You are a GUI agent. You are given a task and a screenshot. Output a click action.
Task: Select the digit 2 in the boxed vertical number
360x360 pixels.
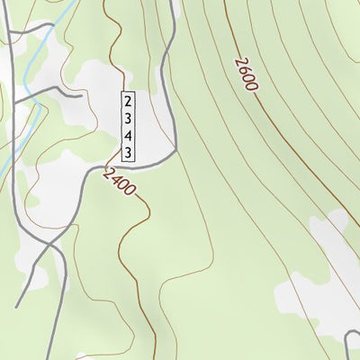[129, 100]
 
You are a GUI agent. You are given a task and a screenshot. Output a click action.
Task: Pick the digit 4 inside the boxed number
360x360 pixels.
[129, 135]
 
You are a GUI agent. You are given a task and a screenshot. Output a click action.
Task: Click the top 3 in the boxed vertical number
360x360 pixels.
[129, 118]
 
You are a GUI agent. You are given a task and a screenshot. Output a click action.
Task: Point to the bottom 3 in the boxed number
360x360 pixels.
[129, 153]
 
